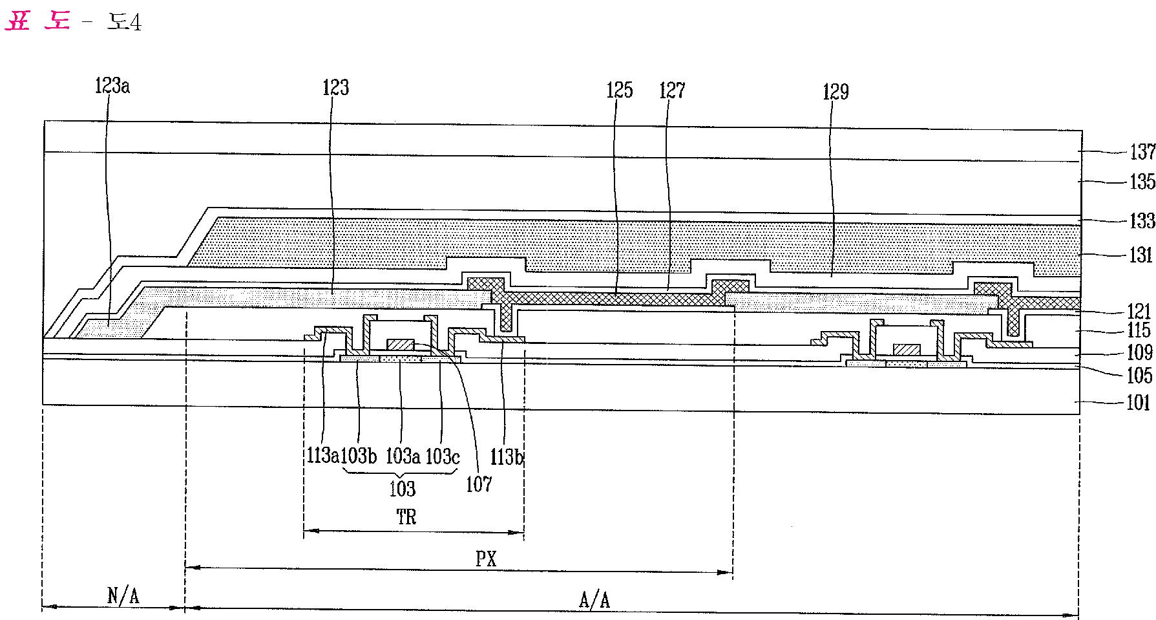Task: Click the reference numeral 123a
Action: point(112,86)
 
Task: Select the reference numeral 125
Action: point(619,90)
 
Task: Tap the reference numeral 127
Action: point(672,90)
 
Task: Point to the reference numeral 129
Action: point(835,92)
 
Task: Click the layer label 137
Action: point(1142,153)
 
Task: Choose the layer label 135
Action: point(1142,182)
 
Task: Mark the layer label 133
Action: point(1142,221)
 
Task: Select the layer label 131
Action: point(1140,255)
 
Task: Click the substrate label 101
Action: point(1139,403)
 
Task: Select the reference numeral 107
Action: point(479,484)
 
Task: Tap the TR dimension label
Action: point(406,517)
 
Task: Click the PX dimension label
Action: point(486,559)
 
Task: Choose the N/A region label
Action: point(123,595)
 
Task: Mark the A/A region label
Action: point(594,600)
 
